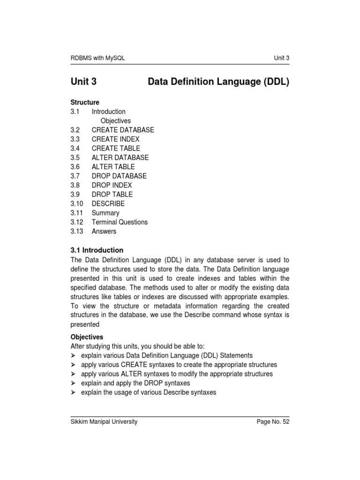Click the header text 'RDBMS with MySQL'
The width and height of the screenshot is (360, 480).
[x=98, y=58]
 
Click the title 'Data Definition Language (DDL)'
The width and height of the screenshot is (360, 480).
[x=218, y=82]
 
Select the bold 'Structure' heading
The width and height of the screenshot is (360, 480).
[x=85, y=102]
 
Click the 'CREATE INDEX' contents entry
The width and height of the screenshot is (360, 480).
[x=115, y=139]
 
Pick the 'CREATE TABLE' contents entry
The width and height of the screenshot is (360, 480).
[x=116, y=148]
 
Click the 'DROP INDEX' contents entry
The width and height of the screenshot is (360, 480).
[x=112, y=185]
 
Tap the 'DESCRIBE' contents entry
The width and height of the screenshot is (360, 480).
[x=108, y=203]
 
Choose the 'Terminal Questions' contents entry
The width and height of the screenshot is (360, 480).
[x=120, y=222]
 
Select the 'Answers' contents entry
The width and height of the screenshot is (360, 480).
[x=104, y=231]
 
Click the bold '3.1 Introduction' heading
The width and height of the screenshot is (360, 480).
[x=97, y=250]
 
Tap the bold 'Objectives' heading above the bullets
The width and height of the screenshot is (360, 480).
[x=87, y=337]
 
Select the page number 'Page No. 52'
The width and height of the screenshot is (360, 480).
[x=273, y=422]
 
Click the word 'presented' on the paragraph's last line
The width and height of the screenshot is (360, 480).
[x=85, y=324]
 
